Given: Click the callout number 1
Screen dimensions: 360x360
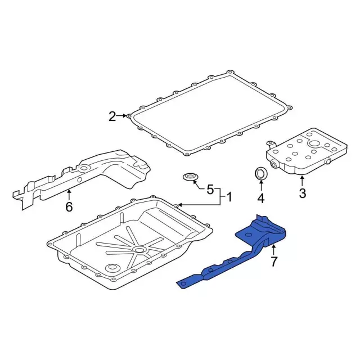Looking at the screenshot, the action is pyautogui.click(x=229, y=197).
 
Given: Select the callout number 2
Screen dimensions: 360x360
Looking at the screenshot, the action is pyautogui.click(x=112, y=116).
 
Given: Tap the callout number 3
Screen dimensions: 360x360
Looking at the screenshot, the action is pyautogui.click(x=303, y=193).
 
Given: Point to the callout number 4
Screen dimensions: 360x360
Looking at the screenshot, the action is pyautogui.click(x=261, y=198).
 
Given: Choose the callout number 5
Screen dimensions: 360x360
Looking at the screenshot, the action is pyautogui.click(x=210, y=190).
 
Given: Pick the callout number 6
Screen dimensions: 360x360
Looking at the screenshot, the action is pyautogui.click(x=69, y=206).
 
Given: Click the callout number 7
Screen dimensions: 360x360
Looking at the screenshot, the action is pyautogui.click(x=273, y=261).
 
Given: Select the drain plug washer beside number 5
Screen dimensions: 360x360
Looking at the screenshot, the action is pyautogui.click(x=191, y=177).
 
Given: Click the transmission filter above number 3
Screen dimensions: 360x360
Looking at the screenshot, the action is pyautogui.click(x=307, y=154).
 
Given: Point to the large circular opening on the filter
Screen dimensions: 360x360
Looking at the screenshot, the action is pyautogui.click(x=314, y=144).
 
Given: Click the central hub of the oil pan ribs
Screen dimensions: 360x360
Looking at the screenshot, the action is pyautogui.click(x=139, y=250).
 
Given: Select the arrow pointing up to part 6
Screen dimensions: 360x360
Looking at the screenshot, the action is pyautogui.click(x=69, y=195).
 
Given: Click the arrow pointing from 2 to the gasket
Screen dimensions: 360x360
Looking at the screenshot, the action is pyautogui.click(x=121, y=115).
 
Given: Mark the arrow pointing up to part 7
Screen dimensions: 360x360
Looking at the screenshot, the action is pyautogui.click(x=273, y=250).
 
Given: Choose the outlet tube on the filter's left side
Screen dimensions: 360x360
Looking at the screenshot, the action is pyautogui.click(x=274, y=165).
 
